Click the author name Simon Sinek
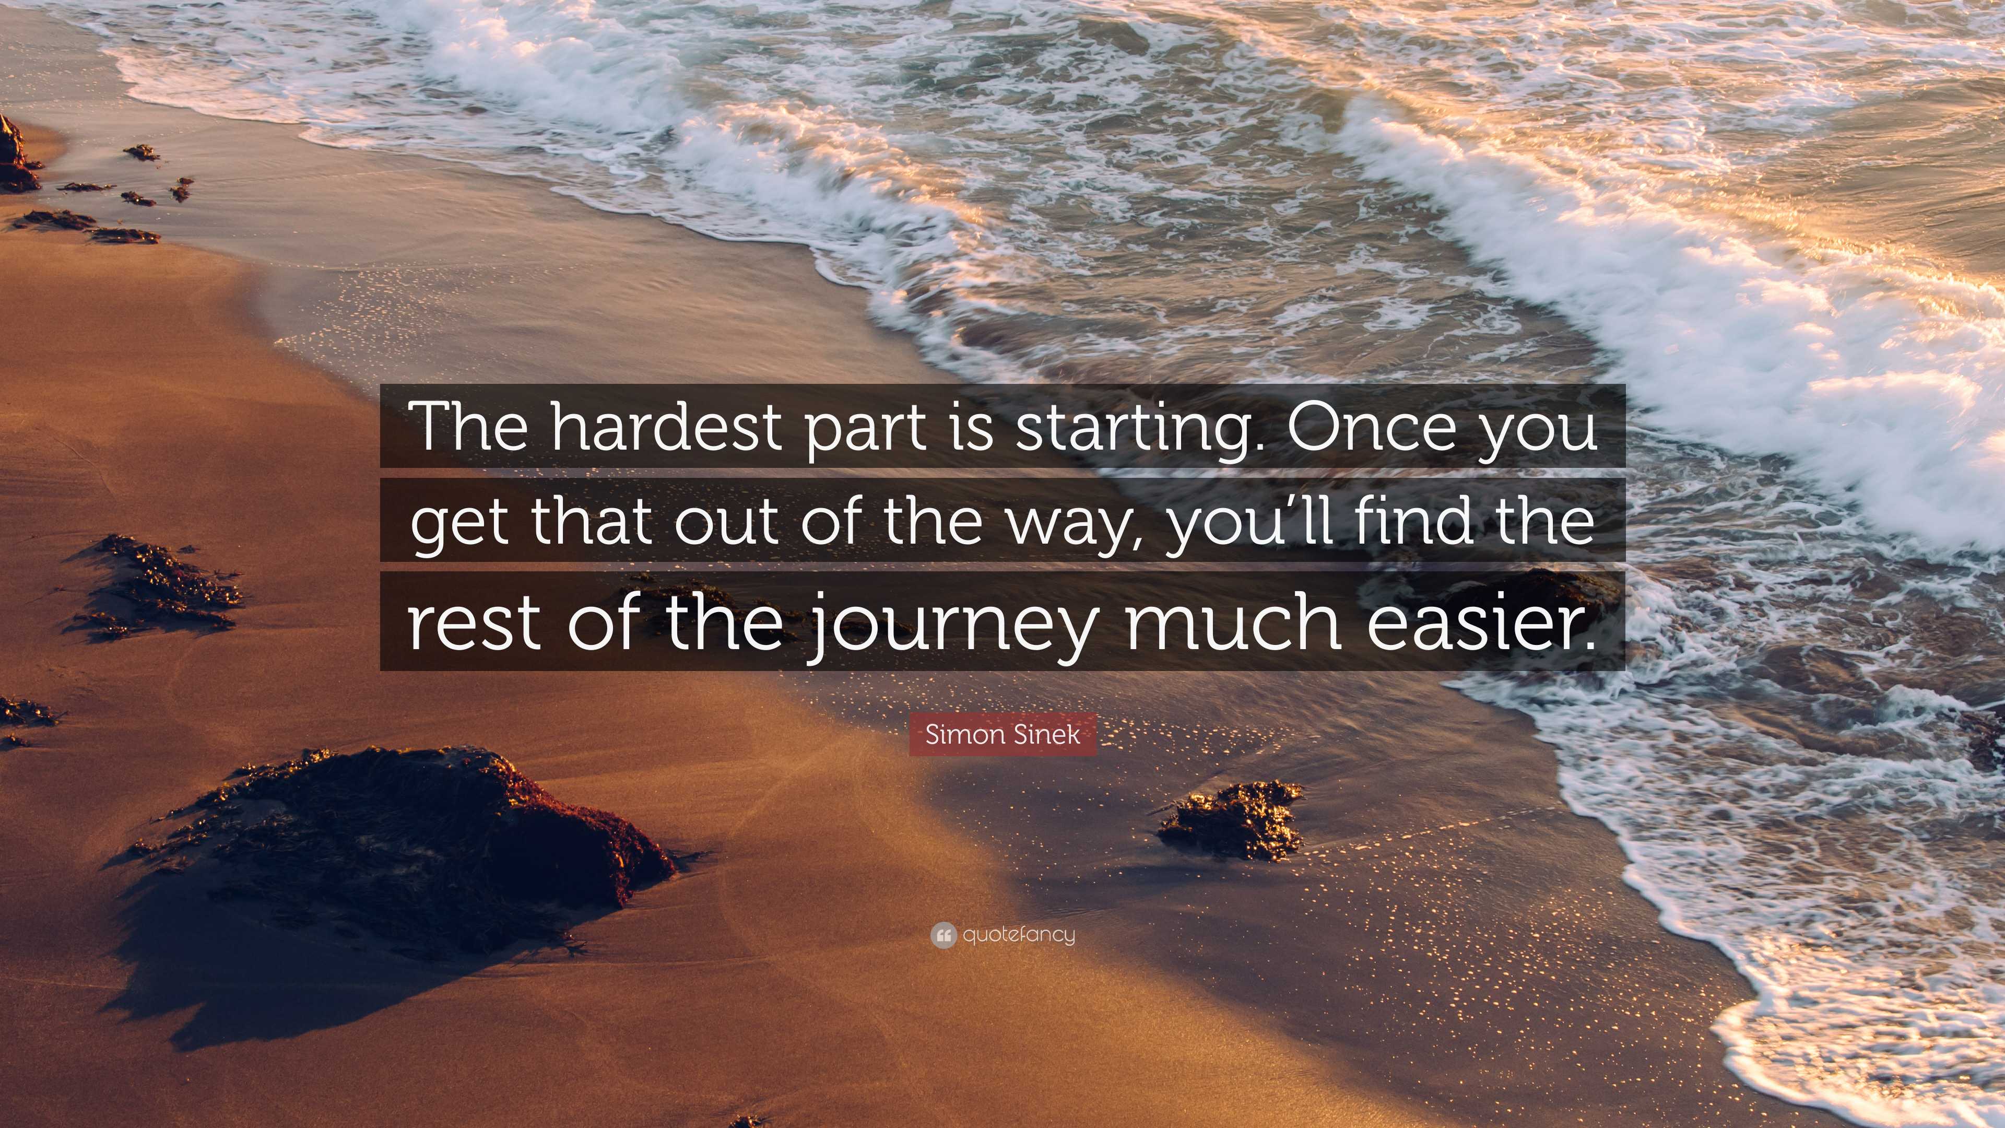coord(1002,734)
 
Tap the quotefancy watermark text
coord(1018,934)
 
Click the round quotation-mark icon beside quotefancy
coord(943,935)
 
